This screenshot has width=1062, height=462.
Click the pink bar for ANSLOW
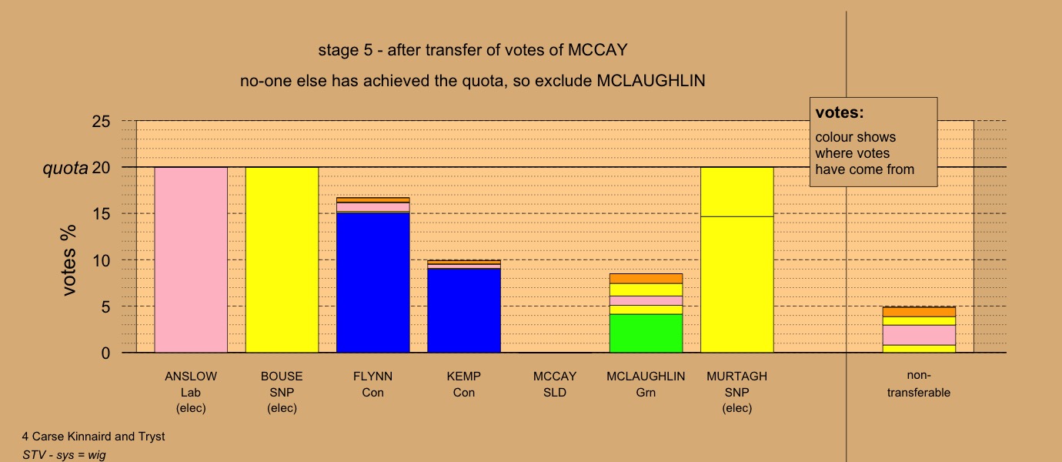[191, 260]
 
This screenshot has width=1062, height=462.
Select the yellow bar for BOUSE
[282, 260]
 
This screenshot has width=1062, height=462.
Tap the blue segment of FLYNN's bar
[373, 283]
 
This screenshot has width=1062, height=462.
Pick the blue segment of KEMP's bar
[464, 310]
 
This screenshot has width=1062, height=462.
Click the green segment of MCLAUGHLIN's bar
[646, 333]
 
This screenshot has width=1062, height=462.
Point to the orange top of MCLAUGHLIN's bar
[646, 279]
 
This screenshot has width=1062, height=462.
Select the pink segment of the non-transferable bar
[920, 335]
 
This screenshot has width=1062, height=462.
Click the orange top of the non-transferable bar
[920, 312]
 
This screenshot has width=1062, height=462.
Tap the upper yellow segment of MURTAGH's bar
[737, 192]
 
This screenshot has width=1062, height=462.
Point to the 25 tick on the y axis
[101, 122]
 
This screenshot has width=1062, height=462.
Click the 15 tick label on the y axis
[101, 214]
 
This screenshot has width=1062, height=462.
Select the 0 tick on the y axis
[105, 353]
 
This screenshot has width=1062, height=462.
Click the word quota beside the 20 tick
[65, 169]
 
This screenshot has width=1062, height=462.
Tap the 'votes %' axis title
[68, 260]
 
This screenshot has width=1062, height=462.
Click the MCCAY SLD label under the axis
[555, 385]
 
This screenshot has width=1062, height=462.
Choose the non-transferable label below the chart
[919, 384]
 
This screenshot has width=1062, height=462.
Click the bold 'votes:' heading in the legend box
[840, 113]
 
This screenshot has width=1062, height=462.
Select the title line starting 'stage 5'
[473, 50]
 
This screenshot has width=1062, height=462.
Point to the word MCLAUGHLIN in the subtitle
[651, 81]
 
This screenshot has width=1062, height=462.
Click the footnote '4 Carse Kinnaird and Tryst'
[93, 437]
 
